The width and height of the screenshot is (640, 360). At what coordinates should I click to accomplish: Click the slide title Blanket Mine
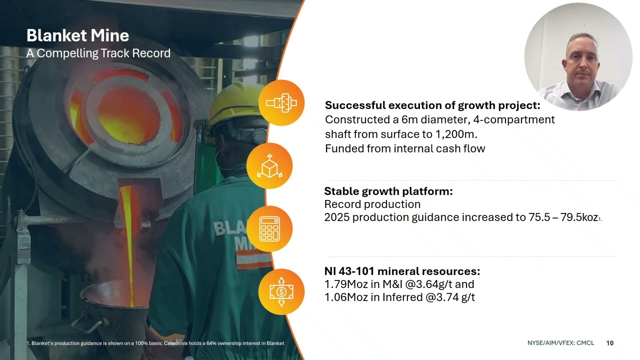(77, 35)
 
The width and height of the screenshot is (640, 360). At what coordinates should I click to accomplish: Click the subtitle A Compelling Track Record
(98, 53)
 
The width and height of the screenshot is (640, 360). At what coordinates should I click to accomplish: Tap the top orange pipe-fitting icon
(281, 102)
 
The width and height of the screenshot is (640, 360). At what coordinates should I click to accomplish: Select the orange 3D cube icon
(269, 166)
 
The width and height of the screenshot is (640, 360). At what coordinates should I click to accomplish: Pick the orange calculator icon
(269, 229)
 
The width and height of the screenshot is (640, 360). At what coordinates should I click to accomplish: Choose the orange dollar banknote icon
(281, 291)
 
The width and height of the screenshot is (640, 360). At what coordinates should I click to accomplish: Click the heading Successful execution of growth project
(432, 105)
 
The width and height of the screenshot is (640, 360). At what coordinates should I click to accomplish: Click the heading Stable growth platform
(388, 191)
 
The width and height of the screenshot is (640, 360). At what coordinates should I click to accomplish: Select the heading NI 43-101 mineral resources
(402, 271)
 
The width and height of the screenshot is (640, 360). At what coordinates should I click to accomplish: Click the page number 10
(609, 343)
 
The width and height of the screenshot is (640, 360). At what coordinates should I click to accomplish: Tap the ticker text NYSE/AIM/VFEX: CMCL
(560, 343)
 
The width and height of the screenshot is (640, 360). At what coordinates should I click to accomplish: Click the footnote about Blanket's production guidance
(155, 343)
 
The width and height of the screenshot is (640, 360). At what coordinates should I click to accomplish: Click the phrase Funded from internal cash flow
(405, 148)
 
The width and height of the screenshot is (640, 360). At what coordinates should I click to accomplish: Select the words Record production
(372, 204)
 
